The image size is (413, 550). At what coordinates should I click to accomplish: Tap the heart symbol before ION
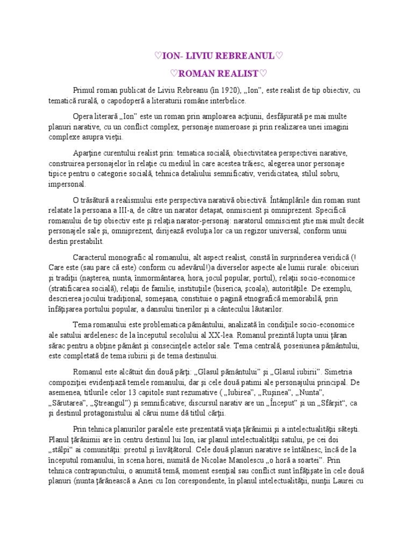(157, 55)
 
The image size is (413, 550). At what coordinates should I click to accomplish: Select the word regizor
(266, 231)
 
